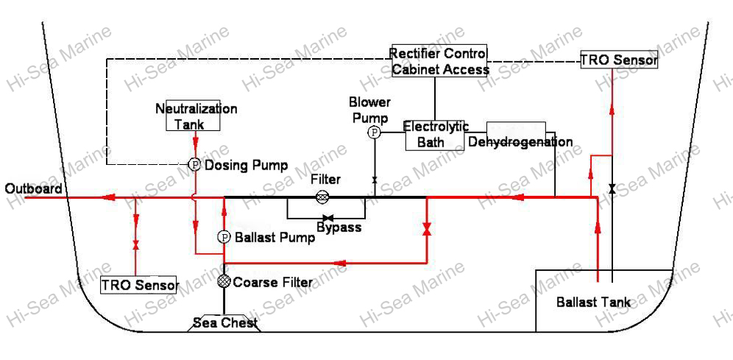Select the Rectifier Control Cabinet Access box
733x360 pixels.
440,62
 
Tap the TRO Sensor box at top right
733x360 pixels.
618,60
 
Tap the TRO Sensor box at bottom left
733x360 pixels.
139,285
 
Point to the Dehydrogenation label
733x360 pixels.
520,141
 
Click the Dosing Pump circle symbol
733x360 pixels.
195,165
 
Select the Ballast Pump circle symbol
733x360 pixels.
224,237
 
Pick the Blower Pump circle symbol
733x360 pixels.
375,133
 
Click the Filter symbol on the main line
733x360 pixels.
322,197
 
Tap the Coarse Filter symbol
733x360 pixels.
224,281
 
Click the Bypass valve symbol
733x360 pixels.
328,218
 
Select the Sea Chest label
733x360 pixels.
224,322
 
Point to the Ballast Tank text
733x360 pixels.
592,302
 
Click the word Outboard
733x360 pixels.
33,189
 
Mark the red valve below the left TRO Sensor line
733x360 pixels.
135,244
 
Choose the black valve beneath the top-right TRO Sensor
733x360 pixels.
612,188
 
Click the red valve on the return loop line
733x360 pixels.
427,230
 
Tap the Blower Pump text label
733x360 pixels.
369,110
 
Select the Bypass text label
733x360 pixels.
339,227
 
